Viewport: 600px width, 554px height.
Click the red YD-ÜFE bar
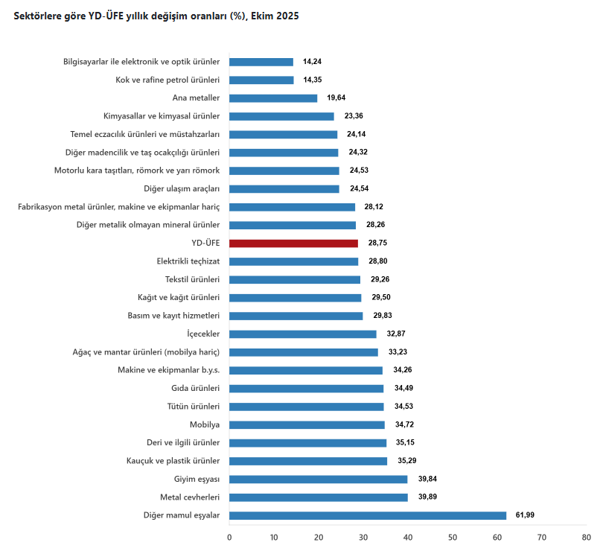pos(293,243)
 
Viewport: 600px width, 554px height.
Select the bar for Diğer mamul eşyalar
pos(368,515)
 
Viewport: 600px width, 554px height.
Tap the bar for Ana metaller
pos(273,98)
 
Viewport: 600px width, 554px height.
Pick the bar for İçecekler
pos(303,334)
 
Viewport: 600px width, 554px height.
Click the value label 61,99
pos(525,515)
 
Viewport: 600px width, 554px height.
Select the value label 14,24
pos(312,62)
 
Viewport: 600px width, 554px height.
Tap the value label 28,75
pos(377,243)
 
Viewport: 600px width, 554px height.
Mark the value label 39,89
pos(427,497)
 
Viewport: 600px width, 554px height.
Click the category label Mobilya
pos(205,424)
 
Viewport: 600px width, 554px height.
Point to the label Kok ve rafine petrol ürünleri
pos(167,80)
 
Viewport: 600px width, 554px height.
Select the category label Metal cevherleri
pos(190,497)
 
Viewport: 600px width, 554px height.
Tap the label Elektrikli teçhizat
pos(188,261)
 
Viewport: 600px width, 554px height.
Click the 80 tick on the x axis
pos(587,537)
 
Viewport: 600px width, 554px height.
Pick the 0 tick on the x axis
pos(229,537)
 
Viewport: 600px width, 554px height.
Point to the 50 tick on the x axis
pos(453,537)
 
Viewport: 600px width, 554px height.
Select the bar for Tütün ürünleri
pos(307,407)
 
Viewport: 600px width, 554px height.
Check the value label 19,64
pos(336,98)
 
